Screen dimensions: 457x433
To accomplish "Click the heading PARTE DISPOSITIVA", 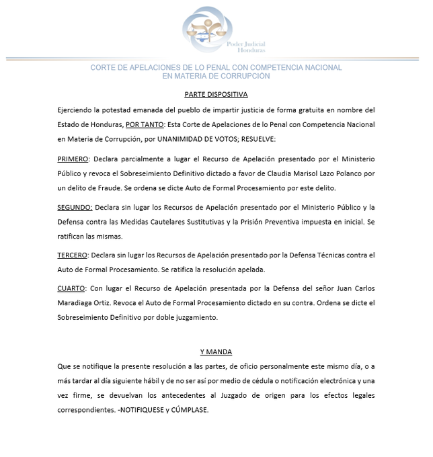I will [x=216, y=94].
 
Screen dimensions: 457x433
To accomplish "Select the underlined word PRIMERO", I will [x=73, y=159].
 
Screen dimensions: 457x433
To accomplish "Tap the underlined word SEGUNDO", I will [x=75, y=207].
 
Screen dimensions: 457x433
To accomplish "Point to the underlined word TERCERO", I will [x=73, y=255].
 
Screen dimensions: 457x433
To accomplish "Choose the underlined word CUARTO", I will [x=71, y=288].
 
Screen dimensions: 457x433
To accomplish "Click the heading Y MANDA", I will [x=216, y=351].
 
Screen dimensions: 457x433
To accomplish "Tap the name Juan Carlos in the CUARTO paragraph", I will [x=354, y=288].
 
